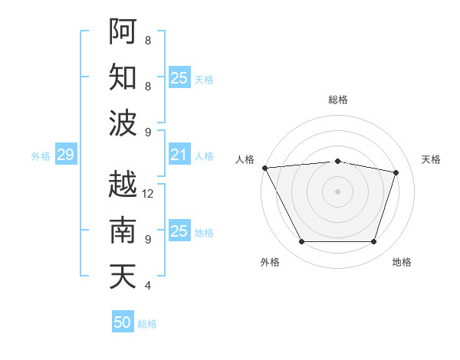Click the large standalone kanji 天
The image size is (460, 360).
(x=123, y=276)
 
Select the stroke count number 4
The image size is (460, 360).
(x=147, y=286)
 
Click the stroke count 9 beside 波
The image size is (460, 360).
(x=147, y=133)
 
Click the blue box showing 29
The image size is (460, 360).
(x=65, y=155)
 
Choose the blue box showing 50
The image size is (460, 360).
(x=123, y=322)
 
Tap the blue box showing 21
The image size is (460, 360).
(x=179, y=155)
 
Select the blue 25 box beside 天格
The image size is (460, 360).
(x=179, y=78)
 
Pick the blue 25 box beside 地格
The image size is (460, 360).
(x=179, y=231)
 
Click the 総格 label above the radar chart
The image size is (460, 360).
(x=338, y=100)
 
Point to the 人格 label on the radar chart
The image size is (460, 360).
(x=245, y=159)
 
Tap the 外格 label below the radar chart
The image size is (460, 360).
(x=269, y=262)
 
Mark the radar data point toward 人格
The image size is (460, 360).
(x=264, y=168)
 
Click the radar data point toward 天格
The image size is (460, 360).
(x=396, y=172)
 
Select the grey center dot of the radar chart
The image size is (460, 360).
(x=337, y=191)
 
